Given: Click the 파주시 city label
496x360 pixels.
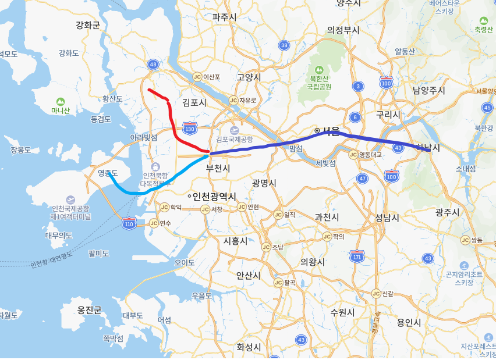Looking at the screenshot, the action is [x=224, y=17].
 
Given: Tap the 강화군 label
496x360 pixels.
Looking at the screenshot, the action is [x=88, y=25].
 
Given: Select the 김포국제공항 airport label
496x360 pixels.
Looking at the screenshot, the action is [x=234, y=139].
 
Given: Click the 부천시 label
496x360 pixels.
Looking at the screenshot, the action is [x=218, y=168].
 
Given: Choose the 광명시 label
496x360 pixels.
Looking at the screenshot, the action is [x=264, y=183].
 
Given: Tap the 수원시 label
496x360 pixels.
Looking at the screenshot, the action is [x=342, y=312].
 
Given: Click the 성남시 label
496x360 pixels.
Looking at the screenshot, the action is [x=387, y=218].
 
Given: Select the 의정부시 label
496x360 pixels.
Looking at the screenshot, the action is [x=343, y=30].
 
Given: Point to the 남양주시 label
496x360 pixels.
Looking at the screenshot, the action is [x=428, y=90].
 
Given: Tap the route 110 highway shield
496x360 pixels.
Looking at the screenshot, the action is [x=129, y=223].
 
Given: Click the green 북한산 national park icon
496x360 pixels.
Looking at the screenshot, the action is [x=320, y=64].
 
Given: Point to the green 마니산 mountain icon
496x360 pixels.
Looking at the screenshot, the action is [x=60, y=101].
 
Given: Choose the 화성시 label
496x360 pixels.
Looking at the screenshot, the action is [x=249, y=347].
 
